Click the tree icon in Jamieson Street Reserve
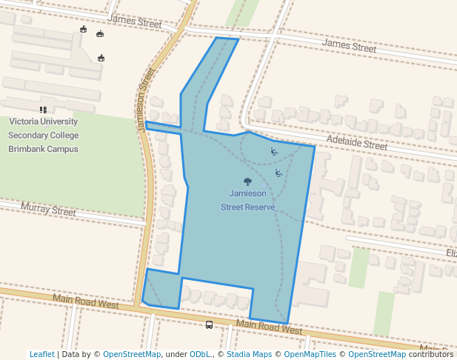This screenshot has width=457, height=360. [x=247, y=181]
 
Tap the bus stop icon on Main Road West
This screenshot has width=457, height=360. [x=210, y=324]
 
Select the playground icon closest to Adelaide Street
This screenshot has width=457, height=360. [x=274, y=152]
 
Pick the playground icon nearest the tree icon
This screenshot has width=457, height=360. [x=278, y=173]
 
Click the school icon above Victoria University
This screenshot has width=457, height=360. [x=43, y=110]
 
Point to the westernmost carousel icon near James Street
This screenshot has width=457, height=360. [x=84, y=30]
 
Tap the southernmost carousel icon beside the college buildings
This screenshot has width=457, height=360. [x=101, y=58]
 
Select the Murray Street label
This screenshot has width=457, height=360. [x=48, y=210]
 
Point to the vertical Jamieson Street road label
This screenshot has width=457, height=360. [x=145, y=100]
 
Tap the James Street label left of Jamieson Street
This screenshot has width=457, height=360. [x=134, y=21]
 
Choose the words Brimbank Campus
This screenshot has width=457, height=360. [x=43, y=149]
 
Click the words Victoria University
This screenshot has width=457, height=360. [x=43, y=121]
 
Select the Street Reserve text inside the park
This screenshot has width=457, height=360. [x=247, y=207]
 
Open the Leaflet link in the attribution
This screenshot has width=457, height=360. [x=41, y=354]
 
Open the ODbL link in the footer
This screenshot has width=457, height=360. [x=201, y=354]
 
